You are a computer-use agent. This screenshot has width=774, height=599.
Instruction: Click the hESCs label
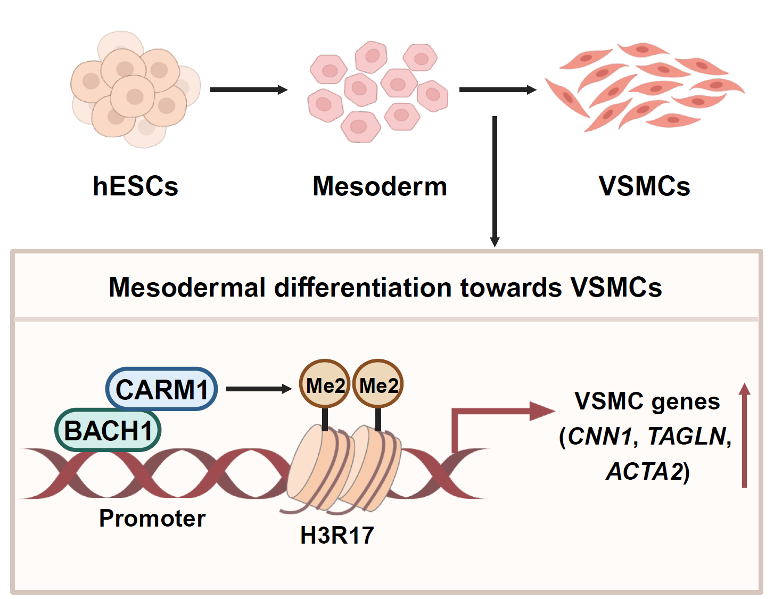135,186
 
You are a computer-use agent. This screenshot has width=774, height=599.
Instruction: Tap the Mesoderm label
380,186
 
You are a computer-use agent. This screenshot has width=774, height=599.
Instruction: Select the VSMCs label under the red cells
644,186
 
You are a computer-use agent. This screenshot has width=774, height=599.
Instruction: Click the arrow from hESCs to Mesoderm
249,90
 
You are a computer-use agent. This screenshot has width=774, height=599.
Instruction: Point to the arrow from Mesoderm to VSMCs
497,90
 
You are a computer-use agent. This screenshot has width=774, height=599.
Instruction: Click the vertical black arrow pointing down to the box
495,181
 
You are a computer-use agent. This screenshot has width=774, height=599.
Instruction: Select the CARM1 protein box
162,389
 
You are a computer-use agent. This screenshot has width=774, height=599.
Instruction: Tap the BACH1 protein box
108,430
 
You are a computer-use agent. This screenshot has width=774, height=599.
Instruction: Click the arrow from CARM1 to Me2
259,389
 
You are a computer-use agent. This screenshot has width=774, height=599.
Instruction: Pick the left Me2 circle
325,385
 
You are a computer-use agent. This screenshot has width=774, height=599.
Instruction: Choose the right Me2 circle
378,385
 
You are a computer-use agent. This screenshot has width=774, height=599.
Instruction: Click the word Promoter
152,519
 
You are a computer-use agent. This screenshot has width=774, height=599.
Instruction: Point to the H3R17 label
337,536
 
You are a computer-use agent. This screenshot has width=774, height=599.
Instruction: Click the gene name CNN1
600,437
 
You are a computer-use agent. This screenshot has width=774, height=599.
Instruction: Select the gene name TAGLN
687,437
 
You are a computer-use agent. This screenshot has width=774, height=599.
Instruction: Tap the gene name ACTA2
645,472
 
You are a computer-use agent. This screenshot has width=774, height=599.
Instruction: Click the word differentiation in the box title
365,288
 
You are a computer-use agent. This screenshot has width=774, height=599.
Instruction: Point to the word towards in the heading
511,288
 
